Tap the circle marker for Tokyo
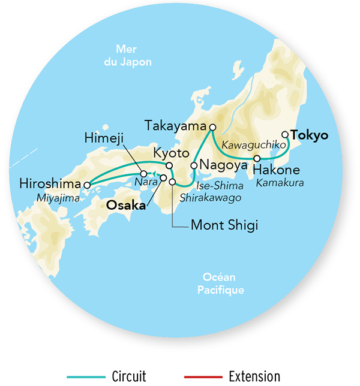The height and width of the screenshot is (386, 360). pos(285,135)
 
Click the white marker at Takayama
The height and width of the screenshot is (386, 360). pos(212,127)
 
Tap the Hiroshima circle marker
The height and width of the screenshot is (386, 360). pos(86,185)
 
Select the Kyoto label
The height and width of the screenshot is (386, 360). pos(170,151)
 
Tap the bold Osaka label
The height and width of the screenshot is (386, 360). pos(126,206)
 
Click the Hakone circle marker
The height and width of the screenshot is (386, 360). pos(257,159)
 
